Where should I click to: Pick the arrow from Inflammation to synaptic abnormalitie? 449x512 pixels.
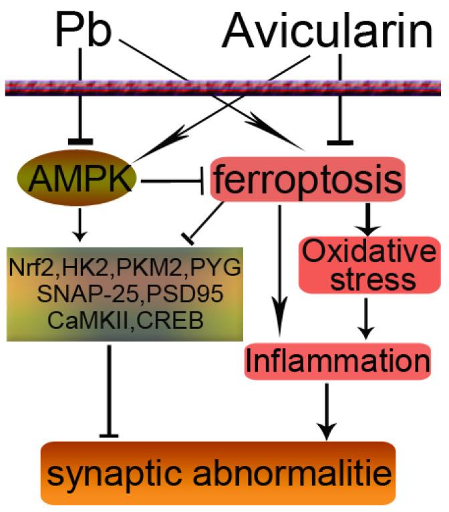click(x=327, y=408)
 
